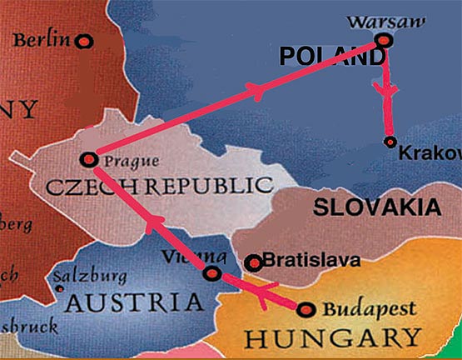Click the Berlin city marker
tap(83, 40)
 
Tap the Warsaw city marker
tap(382, 40)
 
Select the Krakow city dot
tap(390, 141)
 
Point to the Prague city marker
tap(88, 158)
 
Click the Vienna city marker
tap(212, 273)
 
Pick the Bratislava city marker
tap(254, 263)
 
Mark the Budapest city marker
tap(306, 310)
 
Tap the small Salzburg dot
tap(57, 289)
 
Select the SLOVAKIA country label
tap(377, 207)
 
